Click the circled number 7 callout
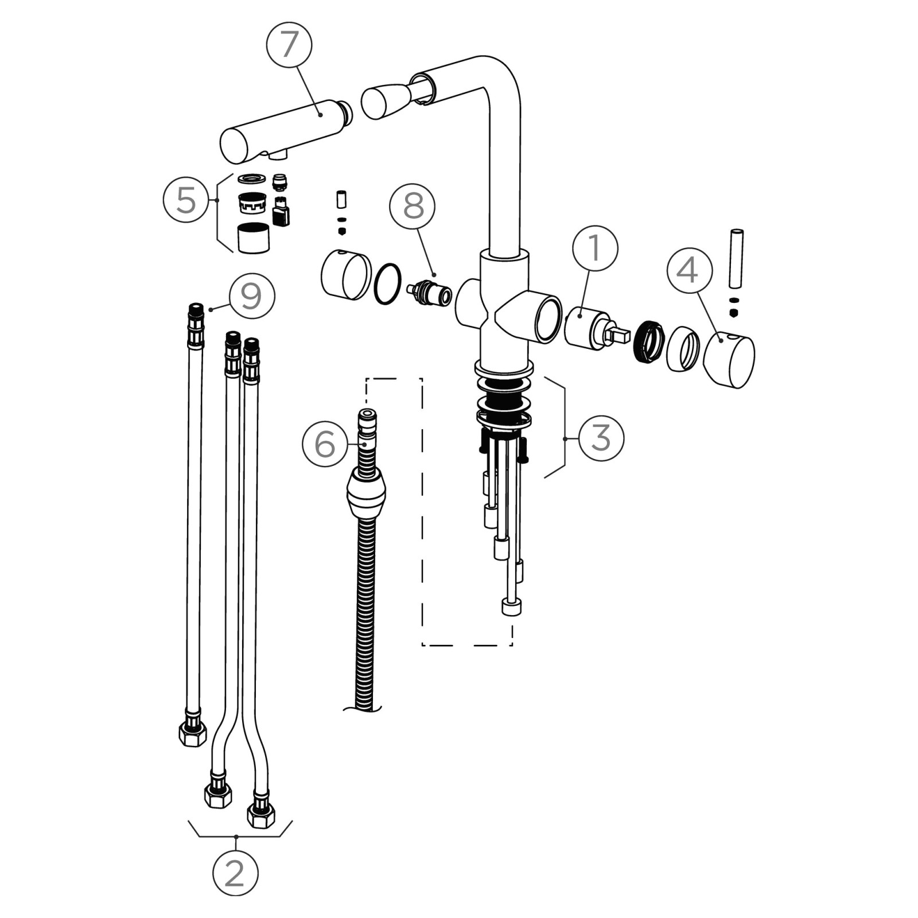point(289,45)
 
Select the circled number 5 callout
point(186,200)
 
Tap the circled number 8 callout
point(413,207)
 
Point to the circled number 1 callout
point(595,248)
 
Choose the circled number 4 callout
point(689,270)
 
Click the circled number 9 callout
point(252,296)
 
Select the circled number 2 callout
point(235,873)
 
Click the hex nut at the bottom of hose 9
point(193,733)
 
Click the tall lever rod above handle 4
point(736,259)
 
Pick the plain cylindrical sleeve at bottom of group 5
point(253,238)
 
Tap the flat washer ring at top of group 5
point(251,178)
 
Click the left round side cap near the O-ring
point(346,275)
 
